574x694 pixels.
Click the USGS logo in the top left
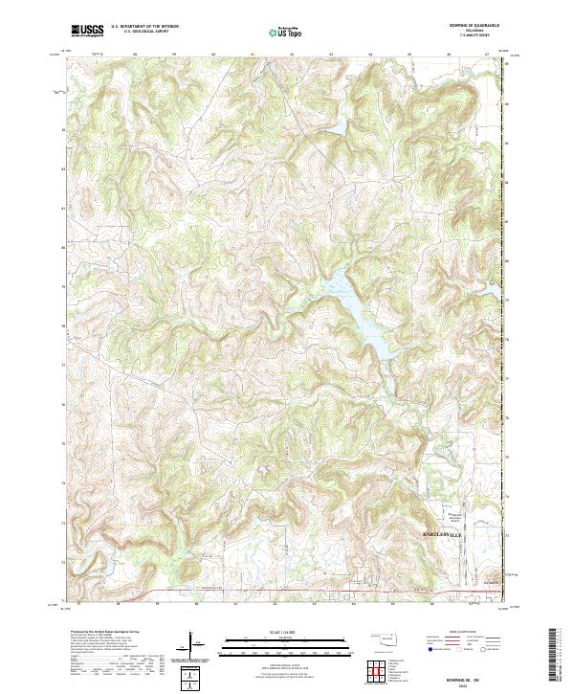[87, 31]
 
